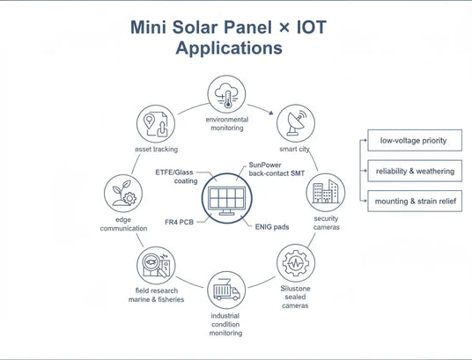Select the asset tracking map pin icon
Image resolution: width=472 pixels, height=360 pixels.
[155, 124]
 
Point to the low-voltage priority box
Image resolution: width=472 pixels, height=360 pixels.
[413, 140]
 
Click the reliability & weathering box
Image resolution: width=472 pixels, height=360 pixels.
[415, 171]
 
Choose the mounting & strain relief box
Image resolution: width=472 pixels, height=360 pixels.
[415, 202]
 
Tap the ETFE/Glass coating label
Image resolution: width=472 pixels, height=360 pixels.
[175, 176]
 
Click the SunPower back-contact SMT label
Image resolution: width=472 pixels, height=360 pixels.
[277, 171]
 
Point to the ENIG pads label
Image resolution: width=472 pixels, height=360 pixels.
[269, 225]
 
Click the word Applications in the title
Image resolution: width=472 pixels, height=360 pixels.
[229, 48]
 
